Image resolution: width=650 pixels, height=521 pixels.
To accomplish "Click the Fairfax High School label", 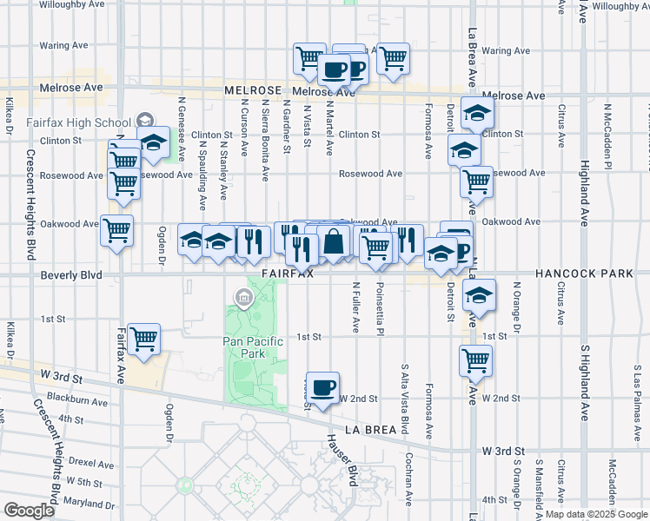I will point(78,122).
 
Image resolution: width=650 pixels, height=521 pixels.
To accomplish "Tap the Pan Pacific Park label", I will point(254,347).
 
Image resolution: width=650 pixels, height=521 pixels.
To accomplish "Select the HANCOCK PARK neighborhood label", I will point(584,274).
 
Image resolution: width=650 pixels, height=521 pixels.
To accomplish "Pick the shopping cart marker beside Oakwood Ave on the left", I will point(116,231).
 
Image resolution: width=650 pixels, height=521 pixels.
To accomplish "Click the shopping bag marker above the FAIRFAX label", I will point(333,241).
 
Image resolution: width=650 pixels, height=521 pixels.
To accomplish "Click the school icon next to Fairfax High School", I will point(145,122).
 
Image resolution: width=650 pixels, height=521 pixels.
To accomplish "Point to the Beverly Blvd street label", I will point(71,275).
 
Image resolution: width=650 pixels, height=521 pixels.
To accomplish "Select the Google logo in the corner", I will point(29,511).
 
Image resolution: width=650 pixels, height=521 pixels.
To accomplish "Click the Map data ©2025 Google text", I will point(596,514).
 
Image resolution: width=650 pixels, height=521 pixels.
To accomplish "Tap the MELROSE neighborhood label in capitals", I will point(253,90).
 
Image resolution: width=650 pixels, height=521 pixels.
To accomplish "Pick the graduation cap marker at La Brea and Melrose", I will point(477,113).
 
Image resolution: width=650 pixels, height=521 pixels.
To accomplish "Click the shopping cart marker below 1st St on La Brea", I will point(475,359).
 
